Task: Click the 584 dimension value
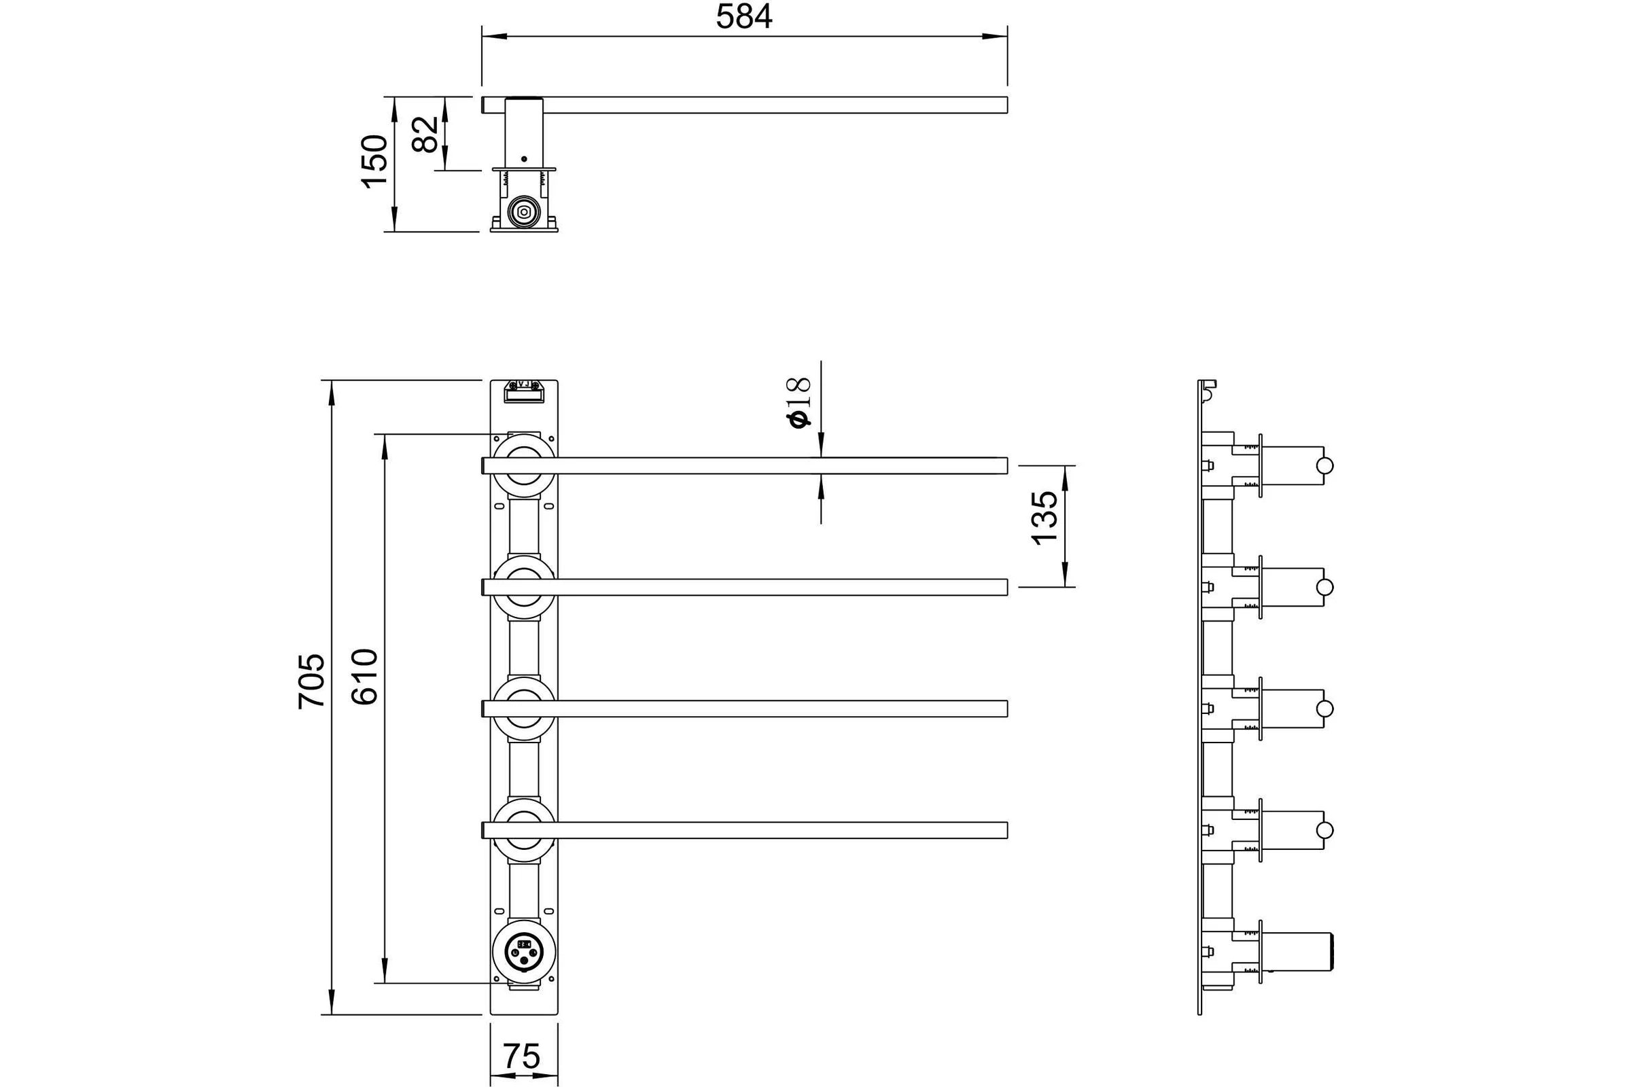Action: point(743,16)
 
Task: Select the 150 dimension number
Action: point(374,161)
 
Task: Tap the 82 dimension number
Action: point(425,134)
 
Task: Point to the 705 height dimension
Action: point(311,681)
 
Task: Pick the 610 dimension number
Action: point(364,677)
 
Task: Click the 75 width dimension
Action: point(521,1056)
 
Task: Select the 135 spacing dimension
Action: point(1045,518)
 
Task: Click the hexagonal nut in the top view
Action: point(523,211)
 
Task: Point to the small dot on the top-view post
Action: point(523,159)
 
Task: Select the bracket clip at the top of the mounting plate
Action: point(523,391)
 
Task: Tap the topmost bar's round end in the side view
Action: point(1325,465)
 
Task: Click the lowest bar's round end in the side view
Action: point(1325,830)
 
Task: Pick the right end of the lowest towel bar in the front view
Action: point(1007,830)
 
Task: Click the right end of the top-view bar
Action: point(1007,105)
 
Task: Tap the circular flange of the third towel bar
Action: point(523,683)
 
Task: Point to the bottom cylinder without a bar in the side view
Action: point(1297,951)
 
